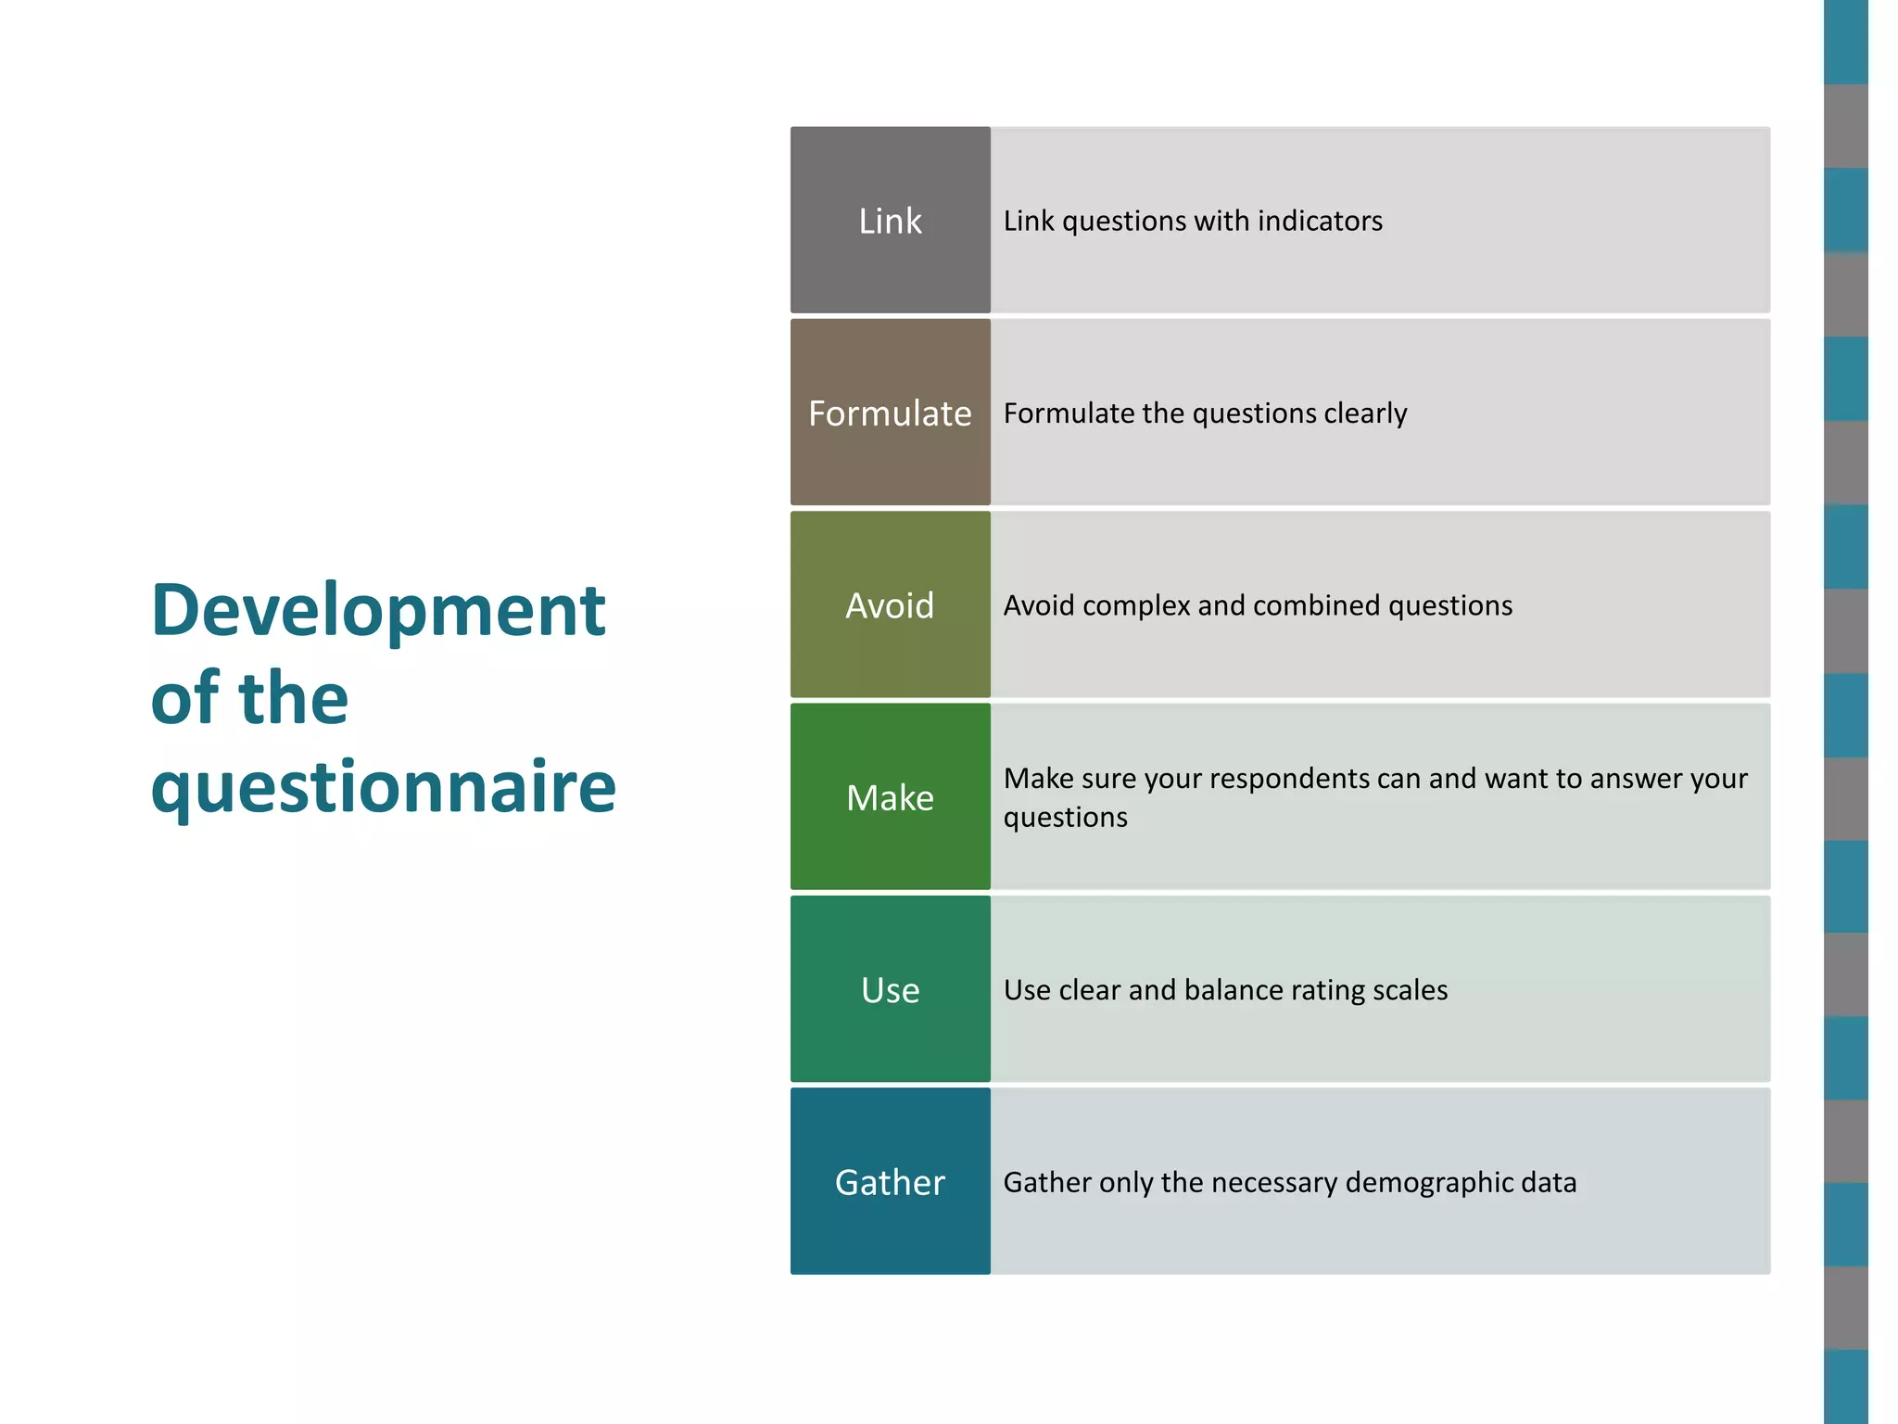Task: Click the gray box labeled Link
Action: click(890, 221)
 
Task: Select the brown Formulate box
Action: click(890, 413)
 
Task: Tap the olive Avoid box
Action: click(890, 605)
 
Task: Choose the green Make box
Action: click(890, 797)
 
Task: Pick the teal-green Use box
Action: click(890, 989)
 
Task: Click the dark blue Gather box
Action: click(890, 1182)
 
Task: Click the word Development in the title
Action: click(378, 612)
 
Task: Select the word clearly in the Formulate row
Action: click(1365, 413)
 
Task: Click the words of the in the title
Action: click(249, 699)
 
